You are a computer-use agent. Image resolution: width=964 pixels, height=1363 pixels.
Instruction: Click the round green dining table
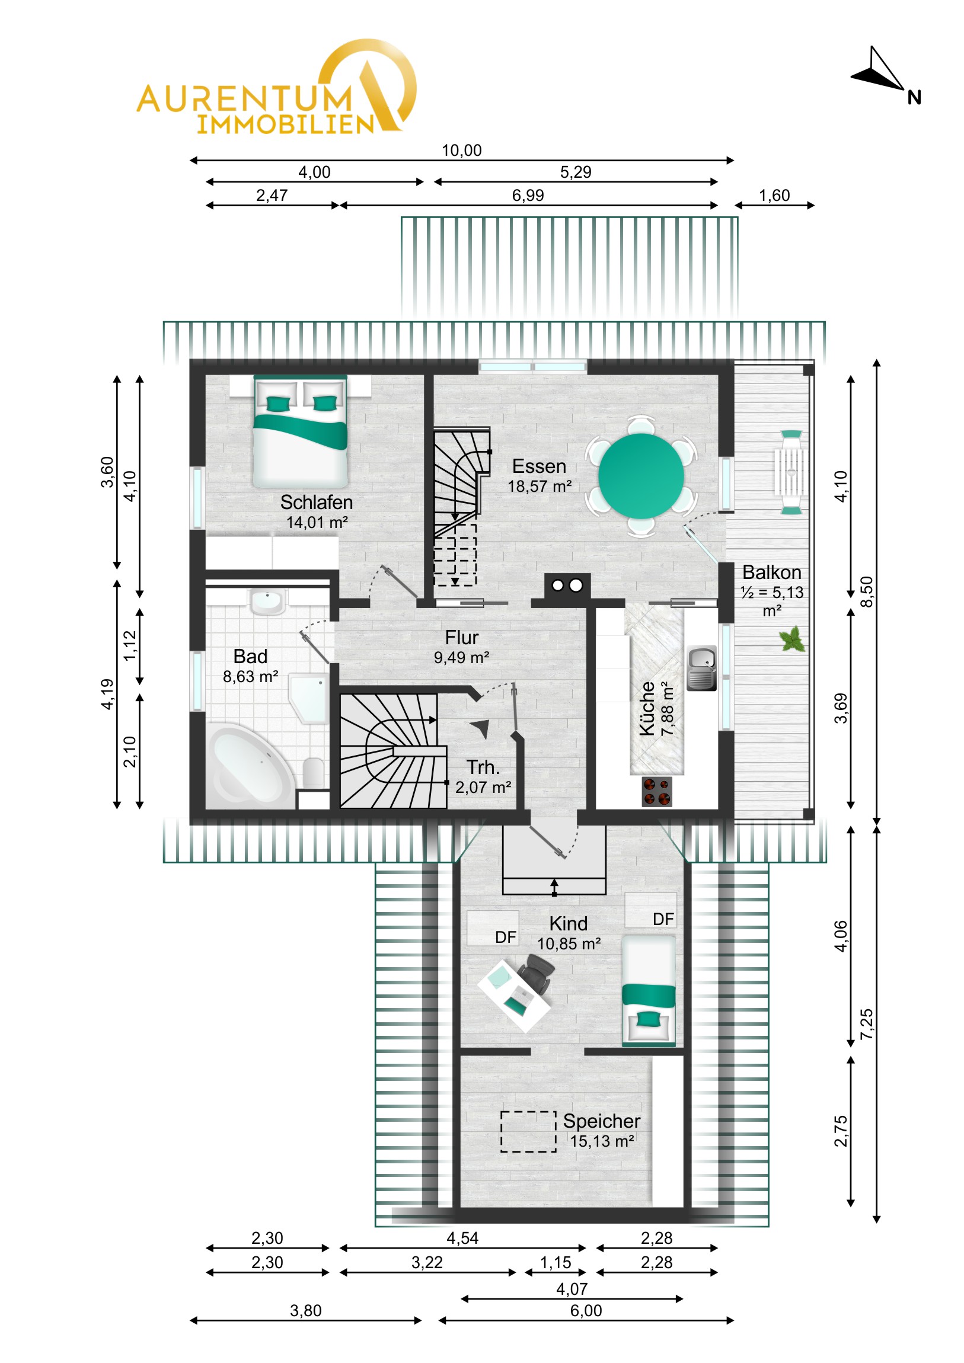pyautogui.click(x=641, y=476)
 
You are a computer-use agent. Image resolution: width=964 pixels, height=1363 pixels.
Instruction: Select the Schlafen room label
pyautogui.click(x=317, y=503)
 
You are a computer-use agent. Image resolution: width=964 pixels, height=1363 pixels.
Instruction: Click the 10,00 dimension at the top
pyautogui.click(x=461, y=150)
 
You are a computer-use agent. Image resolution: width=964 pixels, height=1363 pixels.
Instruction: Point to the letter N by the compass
pyautogui.click(x=914, y=98)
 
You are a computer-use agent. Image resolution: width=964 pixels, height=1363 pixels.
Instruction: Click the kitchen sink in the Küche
pyautogui.click(x=701, y=668)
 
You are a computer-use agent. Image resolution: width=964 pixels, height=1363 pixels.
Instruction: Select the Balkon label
pyautogui.click(x=771, y=572)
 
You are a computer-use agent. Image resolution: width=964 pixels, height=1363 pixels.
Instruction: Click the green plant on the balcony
pyautogui.click(x=792, y=639)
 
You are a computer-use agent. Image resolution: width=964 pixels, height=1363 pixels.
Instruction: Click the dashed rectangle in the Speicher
pyautogui.click(x=528, y=1131)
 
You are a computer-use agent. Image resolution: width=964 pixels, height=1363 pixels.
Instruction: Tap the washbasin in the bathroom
pyautogui.click(x=267, y=601)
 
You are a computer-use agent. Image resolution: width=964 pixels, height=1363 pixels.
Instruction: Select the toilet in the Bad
pyautogui.click(x=313, y=772)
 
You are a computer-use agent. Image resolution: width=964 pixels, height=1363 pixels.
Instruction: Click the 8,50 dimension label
pyautogui.click(x=867, y=591)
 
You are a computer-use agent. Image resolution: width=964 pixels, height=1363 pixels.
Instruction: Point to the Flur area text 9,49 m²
pyautogui.click(x=461, y=658)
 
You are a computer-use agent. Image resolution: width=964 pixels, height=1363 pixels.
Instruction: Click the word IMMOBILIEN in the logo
pyautogui.click(x=286, y=124)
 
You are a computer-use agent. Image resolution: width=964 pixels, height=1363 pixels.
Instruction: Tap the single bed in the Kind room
pyautogui.click(x=649, y=991)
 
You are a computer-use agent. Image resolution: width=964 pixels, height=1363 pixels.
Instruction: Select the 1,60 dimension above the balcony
pyautogui.click(x=774, y=196)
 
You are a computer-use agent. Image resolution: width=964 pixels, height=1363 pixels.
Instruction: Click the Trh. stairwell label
pyautogui.click(x=483, y=767)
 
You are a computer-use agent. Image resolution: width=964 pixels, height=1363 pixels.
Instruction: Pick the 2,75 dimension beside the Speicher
pyautogui.click(x=841, y=1131)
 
